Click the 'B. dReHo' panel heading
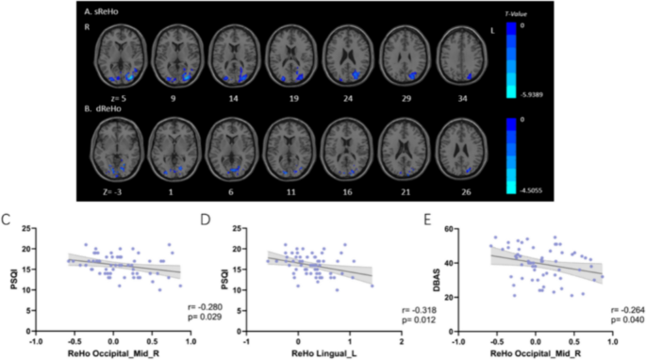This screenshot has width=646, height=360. pos(106,106)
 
